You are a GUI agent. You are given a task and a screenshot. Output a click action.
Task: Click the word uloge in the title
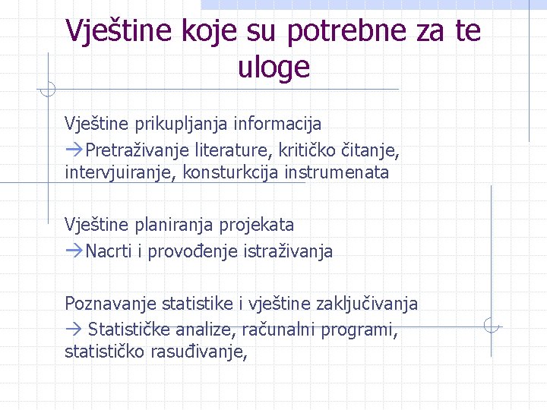[273, 67]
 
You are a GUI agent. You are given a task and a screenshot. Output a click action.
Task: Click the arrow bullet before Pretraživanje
[74, 147]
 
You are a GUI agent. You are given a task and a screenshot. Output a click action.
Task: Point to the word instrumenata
[337, 172]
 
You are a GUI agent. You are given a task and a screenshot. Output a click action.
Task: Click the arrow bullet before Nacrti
[74, 251]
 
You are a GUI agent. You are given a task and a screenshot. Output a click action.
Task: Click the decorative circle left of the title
[47, 89]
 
